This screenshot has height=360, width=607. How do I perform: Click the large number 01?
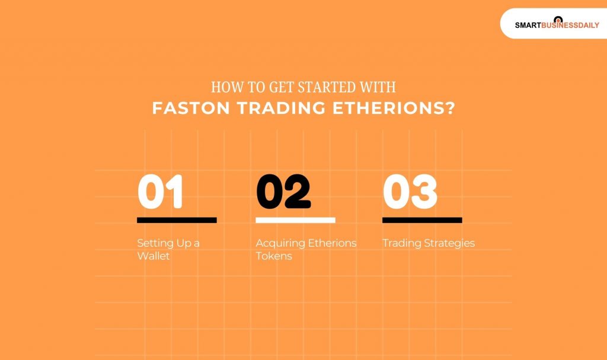pyautogui.click(x=160, y=192)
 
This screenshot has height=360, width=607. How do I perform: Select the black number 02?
pyautogui.click(x=283, y=192)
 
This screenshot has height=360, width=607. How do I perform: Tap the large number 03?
pyautogui.click(x=410, y=192)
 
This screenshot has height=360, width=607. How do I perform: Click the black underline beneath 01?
pyautogui.click(x=177, y=220)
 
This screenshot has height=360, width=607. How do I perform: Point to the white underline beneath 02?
pyautogui.click(x=295, y=220)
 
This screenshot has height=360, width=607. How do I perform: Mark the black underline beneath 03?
pyautogui.click(x=422, y=220)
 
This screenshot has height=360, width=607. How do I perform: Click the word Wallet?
pyautogui.click(x=154, y=256)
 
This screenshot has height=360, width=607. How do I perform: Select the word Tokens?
pyautogui.click(x=274, y=256)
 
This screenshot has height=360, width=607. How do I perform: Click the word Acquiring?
pyautogui.click(x=279, y=243)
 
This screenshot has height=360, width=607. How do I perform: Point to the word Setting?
pyautogui.click(x=155, y=243)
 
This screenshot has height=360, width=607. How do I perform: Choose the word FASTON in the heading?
pyautogui.click(x=184, y=109)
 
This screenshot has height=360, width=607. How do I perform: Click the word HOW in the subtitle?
pyautogui.click(x=224, y=88)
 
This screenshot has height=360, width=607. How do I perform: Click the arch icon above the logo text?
pyautogui.click(x=557, y=19)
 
